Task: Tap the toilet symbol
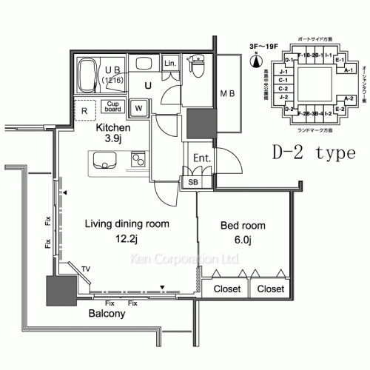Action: tap(197, 68)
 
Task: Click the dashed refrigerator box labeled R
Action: tap(87, 110)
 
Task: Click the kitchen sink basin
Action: tap(104, 160)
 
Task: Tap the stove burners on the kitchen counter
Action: tap(138, 160)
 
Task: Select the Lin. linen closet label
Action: tap(169, 64)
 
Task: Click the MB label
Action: tap(228, 93)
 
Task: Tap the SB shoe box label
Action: tap(193, 181)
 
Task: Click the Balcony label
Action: tap(107, 314)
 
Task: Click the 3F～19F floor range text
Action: tap(261, 46)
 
